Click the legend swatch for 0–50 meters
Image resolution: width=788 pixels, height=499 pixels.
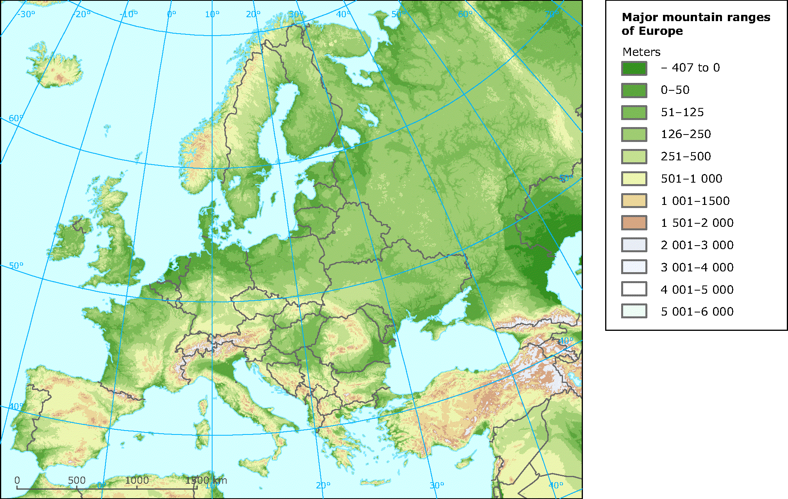point(634,90)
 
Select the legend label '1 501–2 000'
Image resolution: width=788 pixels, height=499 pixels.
point(697,223)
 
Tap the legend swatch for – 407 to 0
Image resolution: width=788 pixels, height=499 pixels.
point(634,68)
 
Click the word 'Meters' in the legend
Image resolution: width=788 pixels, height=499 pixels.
point(641,52)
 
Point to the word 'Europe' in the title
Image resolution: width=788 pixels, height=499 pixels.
point(663,31)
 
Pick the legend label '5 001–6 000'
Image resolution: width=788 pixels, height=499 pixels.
point(697,312)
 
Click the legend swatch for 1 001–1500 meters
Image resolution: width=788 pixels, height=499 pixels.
point(634,201)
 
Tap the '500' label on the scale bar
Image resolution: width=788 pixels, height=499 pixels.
point(77,480)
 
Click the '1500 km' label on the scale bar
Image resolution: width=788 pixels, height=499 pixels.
point(206,480)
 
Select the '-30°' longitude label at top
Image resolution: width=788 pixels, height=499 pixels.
point(26,14)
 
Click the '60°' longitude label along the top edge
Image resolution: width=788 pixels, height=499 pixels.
point(465,14)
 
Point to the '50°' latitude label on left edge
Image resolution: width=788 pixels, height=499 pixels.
point(16,266)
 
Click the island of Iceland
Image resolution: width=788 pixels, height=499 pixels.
point(55,68)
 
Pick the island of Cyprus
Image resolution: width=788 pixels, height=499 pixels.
point(466,461)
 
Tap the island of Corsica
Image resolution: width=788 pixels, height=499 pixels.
point(203,407)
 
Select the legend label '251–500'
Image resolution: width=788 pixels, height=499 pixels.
point(686,156)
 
